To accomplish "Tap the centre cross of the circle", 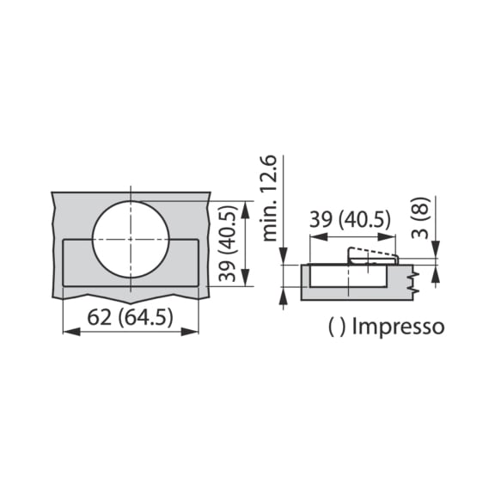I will coord(131,236).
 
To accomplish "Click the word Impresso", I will coord(398,327).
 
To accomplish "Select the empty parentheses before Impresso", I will coord(337,327).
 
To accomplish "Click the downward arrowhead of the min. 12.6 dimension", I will coord(283,260).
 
